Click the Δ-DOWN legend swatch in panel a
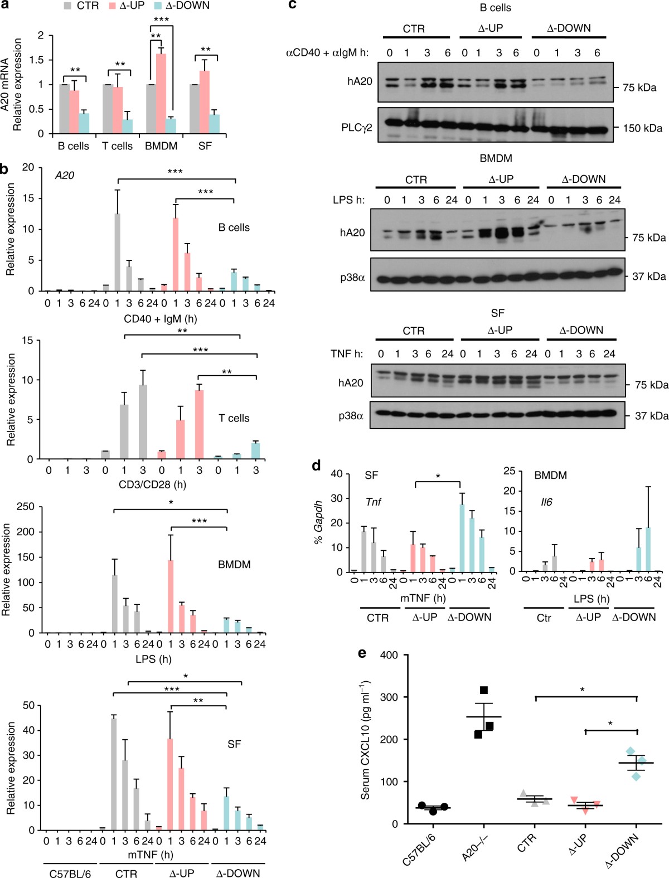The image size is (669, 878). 158,6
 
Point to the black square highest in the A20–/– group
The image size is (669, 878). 483,691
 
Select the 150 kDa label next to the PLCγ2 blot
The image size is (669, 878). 642,128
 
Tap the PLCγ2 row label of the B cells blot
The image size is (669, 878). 357,128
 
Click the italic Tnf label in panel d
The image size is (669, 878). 373,502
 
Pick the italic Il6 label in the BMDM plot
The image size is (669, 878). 546,502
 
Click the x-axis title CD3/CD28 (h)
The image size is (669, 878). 152,484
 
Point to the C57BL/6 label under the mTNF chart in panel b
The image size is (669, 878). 70,873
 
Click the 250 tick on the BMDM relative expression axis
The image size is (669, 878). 26,507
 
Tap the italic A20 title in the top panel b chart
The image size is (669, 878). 65,176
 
